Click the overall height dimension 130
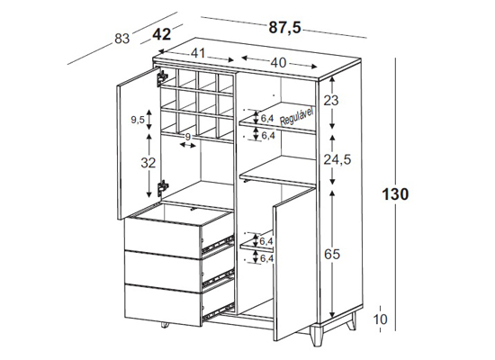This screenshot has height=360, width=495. [396, 193]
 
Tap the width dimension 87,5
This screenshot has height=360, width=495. [285, 28]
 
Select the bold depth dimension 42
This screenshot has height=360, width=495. [162, 34]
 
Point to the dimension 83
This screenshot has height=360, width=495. [122, 39]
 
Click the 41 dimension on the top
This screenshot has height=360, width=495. [198, 53]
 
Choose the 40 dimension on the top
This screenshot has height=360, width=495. [278, 62]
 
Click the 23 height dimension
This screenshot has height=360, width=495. [331, 101]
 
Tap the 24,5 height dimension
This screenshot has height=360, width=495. [337, 160]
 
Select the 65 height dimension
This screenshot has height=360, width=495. [332, 254]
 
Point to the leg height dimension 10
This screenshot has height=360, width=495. [380, 319]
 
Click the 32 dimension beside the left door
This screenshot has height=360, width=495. [148, 163]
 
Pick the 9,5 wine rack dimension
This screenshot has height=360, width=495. [138, 120]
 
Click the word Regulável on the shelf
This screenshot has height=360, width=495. [297, 116]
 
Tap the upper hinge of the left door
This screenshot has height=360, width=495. [162, 78]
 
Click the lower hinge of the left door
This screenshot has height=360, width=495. [163, 188]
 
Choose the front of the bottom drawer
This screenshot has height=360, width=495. [163, 305]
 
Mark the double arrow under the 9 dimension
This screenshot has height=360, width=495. [187, 145]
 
